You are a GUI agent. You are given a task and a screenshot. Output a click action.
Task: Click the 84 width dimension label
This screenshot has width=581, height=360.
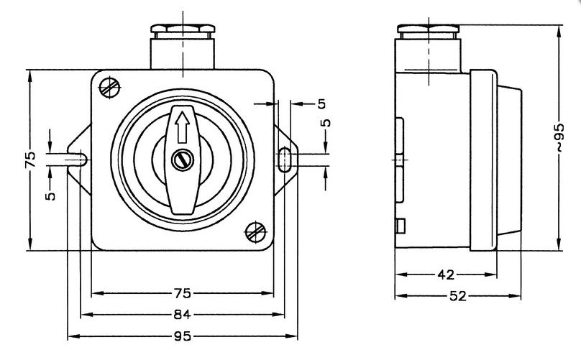click(x=182, y=315)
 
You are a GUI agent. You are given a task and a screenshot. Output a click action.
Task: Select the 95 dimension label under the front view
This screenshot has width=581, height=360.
click(x=183, y=336)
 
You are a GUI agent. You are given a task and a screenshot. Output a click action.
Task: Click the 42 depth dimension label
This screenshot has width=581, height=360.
click(x=446, y=274)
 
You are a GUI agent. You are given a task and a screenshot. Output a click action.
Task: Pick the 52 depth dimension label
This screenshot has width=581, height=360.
click(x=458, y=296)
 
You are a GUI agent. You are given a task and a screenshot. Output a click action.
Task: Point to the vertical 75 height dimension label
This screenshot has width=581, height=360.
click(x=30, y=160)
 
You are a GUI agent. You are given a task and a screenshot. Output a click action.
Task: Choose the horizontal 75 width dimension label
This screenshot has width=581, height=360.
click(x=182, y=293)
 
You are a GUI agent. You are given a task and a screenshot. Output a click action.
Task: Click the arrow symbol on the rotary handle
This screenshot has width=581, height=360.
click(x=182, y=127)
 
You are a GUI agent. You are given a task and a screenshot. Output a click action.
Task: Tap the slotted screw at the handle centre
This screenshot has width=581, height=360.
click(x=183, y=160)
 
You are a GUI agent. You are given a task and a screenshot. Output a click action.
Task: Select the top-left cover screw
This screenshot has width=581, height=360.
click(x=110, y=88)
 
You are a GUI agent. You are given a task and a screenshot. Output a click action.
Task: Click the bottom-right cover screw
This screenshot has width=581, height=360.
click(x=256, y=232)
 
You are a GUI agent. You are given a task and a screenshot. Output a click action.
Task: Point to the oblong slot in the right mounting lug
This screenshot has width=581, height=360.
click(x=284, y=160)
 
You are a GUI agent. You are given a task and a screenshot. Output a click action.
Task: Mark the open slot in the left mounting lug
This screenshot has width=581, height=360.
click(x=77, y=160)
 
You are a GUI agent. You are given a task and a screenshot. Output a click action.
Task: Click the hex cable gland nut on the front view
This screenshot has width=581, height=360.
click(x=183, y=29)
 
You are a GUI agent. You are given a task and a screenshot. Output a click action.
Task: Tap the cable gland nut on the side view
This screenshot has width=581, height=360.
click(x=429, y=29)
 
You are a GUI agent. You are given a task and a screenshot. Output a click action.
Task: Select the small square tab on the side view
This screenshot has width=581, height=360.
click(x=401, y=226)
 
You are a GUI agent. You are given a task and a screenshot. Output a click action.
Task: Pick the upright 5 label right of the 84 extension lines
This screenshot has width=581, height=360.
click(x=321, y=104)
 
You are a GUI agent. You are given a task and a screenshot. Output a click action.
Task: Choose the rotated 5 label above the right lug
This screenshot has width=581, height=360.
click(x=326, y=123)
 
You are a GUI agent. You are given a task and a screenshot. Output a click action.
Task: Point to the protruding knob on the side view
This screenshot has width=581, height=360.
click(x=509, y=160)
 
